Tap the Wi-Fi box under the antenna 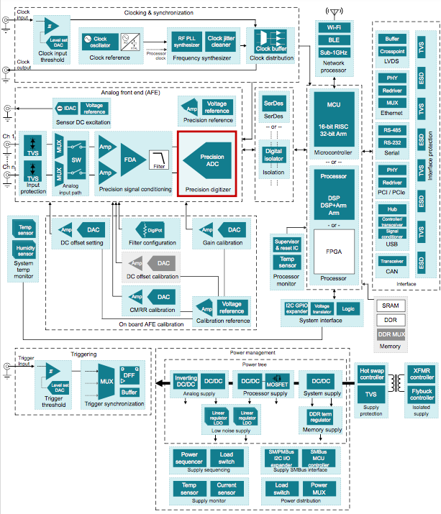coord(333,28)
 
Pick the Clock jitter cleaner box coord(225,42)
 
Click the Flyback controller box coord(422,395)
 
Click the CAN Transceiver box coord(392,262)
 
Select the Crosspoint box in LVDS coord(392,52)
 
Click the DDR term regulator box coord(320,416)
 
